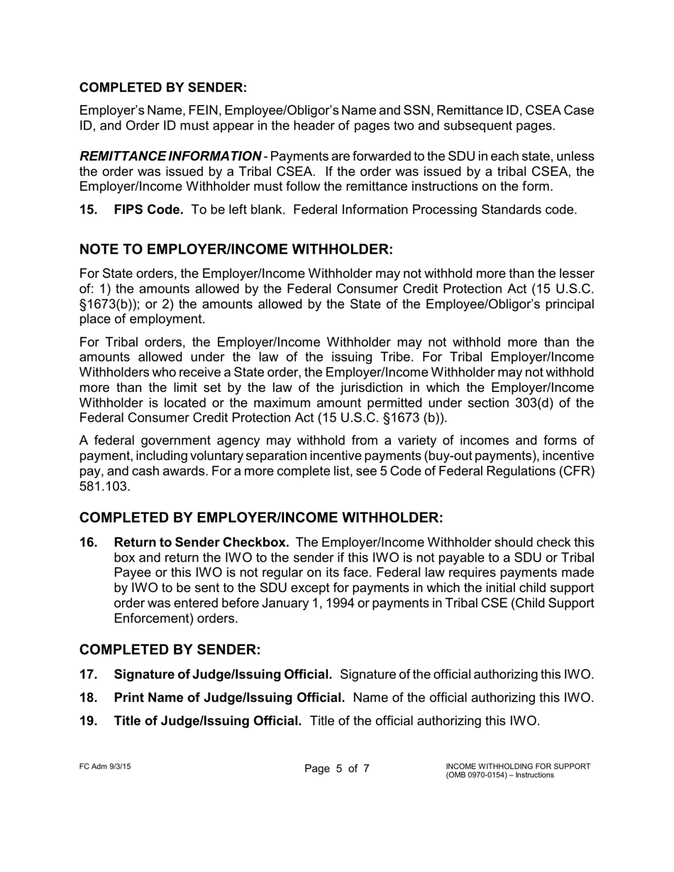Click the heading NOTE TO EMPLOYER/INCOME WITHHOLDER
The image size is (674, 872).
236,250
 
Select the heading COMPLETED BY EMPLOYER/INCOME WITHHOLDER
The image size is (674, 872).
261,518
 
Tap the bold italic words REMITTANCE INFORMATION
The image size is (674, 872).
170,156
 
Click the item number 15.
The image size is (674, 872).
88,210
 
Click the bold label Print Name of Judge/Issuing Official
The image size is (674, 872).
229,698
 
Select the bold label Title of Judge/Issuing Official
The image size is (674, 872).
207,721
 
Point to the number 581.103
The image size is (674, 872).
104,487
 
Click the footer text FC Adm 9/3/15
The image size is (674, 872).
105,766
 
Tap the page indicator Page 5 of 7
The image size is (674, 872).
337,769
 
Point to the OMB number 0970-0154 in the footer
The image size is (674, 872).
491,775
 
